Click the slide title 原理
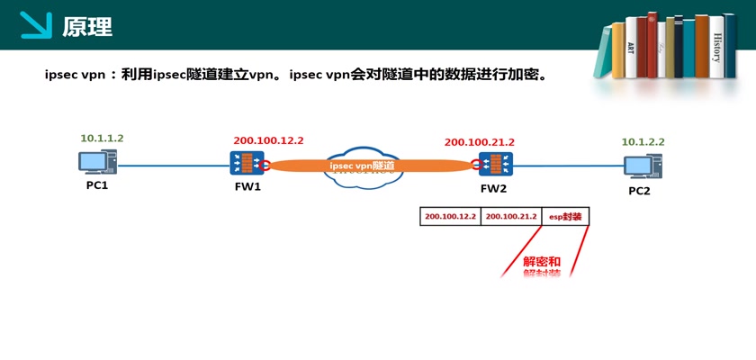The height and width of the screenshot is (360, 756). [87, 26]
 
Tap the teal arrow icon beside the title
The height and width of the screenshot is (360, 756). [37, 25]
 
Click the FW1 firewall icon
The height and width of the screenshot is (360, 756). [246, 164]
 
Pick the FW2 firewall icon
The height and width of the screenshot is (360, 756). [494, 166]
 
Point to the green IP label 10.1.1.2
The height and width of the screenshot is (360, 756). [102, 139]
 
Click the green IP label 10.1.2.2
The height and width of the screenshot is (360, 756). [643, 142]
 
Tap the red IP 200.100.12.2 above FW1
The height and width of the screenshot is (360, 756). [268, 140]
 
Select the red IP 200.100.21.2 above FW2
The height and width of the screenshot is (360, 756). [480, 142]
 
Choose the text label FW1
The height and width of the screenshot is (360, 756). [247, 186]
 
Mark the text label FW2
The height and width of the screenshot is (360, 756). [494, 188]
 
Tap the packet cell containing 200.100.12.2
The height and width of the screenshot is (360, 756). [450, 217]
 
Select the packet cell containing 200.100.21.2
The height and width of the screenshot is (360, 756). [510, 217]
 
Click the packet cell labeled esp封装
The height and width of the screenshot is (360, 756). [565, 217]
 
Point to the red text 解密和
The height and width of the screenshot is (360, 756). [542, 261]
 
